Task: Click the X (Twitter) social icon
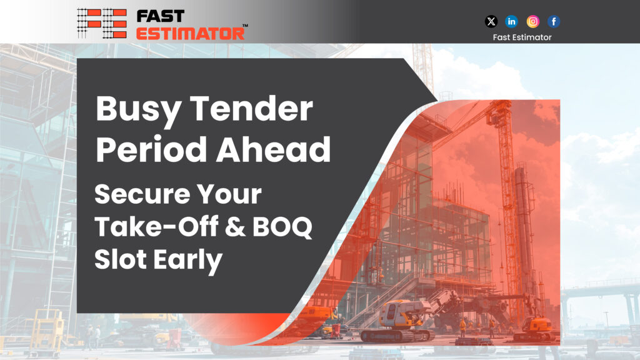[x=491, y=21]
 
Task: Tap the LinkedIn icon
[x=511, y=21]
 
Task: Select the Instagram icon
[x=532, y=21]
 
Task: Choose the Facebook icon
[x=554, y=21]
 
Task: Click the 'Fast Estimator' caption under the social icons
[x=522, y=37]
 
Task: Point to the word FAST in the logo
[x=161, y=16]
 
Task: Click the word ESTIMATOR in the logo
[x=190, y=33]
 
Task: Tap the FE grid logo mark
[x=102, y=23]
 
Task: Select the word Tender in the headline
[x=251, y=109]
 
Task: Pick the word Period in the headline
[x=151, y=149]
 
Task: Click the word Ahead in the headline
[x=273, y=149]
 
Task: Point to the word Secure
[x=142, y=194]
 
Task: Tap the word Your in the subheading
[x=229, y=194]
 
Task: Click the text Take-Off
[x=156, y=226]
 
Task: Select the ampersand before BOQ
[x=235, y=226]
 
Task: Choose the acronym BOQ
[x=282, y=227]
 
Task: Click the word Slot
[x=121, y=259]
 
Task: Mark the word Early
[x=187, y=261]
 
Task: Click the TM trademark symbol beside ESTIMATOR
[x=245, y=25]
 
